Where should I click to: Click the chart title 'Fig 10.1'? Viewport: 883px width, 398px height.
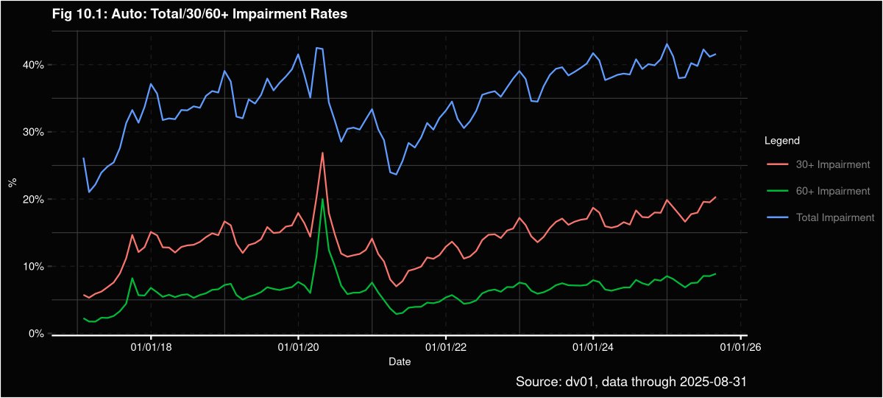pyautogui.click(x=199, y=14)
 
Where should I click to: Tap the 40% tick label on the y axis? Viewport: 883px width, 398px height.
pyautogui.click(x=35, y=65)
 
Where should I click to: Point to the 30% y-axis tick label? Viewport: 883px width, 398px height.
pyautogui.click(x=35, y=132)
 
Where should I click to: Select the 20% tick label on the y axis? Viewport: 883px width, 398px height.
pyautogui.click(x=35, y=199)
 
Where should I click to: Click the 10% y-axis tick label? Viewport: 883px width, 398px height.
pyautogui.click(x=35, y=266)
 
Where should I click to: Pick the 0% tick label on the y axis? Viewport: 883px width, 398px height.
pyautogui.click(x=38, y=334)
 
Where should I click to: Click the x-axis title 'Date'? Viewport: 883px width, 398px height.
pyautogui.click(x=400, y=362)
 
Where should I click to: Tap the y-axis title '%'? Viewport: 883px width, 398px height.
pyautogui.click(x=12, y=183)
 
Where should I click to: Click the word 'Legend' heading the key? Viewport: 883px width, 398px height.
pyautogui.click(x=782, y=140)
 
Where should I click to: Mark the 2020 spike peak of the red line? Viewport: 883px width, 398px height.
pyautogui.click(x=322, y=153)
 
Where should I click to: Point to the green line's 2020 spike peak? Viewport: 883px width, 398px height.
pyautogui.click(x=322, y=199)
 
